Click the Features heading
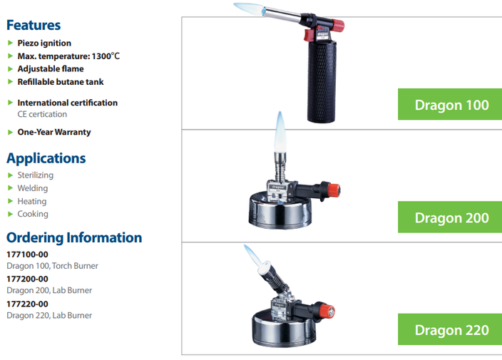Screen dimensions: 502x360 click(x=34, y=25)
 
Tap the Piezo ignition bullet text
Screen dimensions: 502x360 click(x=44, y=43)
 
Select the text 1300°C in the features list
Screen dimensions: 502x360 click(x=106, y=56)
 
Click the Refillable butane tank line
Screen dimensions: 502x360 click(x=61, y=82)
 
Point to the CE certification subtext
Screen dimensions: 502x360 click(x=42, y=114)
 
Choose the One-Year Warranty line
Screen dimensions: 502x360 click(x=54, y=132)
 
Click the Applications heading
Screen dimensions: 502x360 click(x=46, y=158)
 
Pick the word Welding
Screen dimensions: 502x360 click(x=33, y=188)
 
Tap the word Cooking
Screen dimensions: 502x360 click(x=33, y=214)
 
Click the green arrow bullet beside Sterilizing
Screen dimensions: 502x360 click(x=10, y=175)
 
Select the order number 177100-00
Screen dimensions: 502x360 click(x=27, y=254)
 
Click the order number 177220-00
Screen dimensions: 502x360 click(x=27, y=304)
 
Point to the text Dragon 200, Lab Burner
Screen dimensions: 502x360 click(x=49, y=290)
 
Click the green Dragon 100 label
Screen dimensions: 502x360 click(x=450, y=104)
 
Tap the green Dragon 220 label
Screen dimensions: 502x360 click(x=450, y=329)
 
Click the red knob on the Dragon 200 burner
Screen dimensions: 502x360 click(x=334, y=190)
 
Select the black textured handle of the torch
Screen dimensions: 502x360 click(x=322, y=81)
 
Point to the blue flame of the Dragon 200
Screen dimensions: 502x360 click(x=280, y=132)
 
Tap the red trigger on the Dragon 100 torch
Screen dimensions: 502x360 click(x=309, y=34)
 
